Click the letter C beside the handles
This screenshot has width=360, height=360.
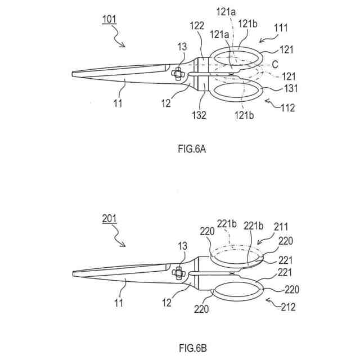click(x=275, y=65)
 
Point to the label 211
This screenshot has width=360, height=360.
click(x=281, y=226)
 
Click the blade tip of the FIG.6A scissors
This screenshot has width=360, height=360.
click(x=74, y=73)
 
